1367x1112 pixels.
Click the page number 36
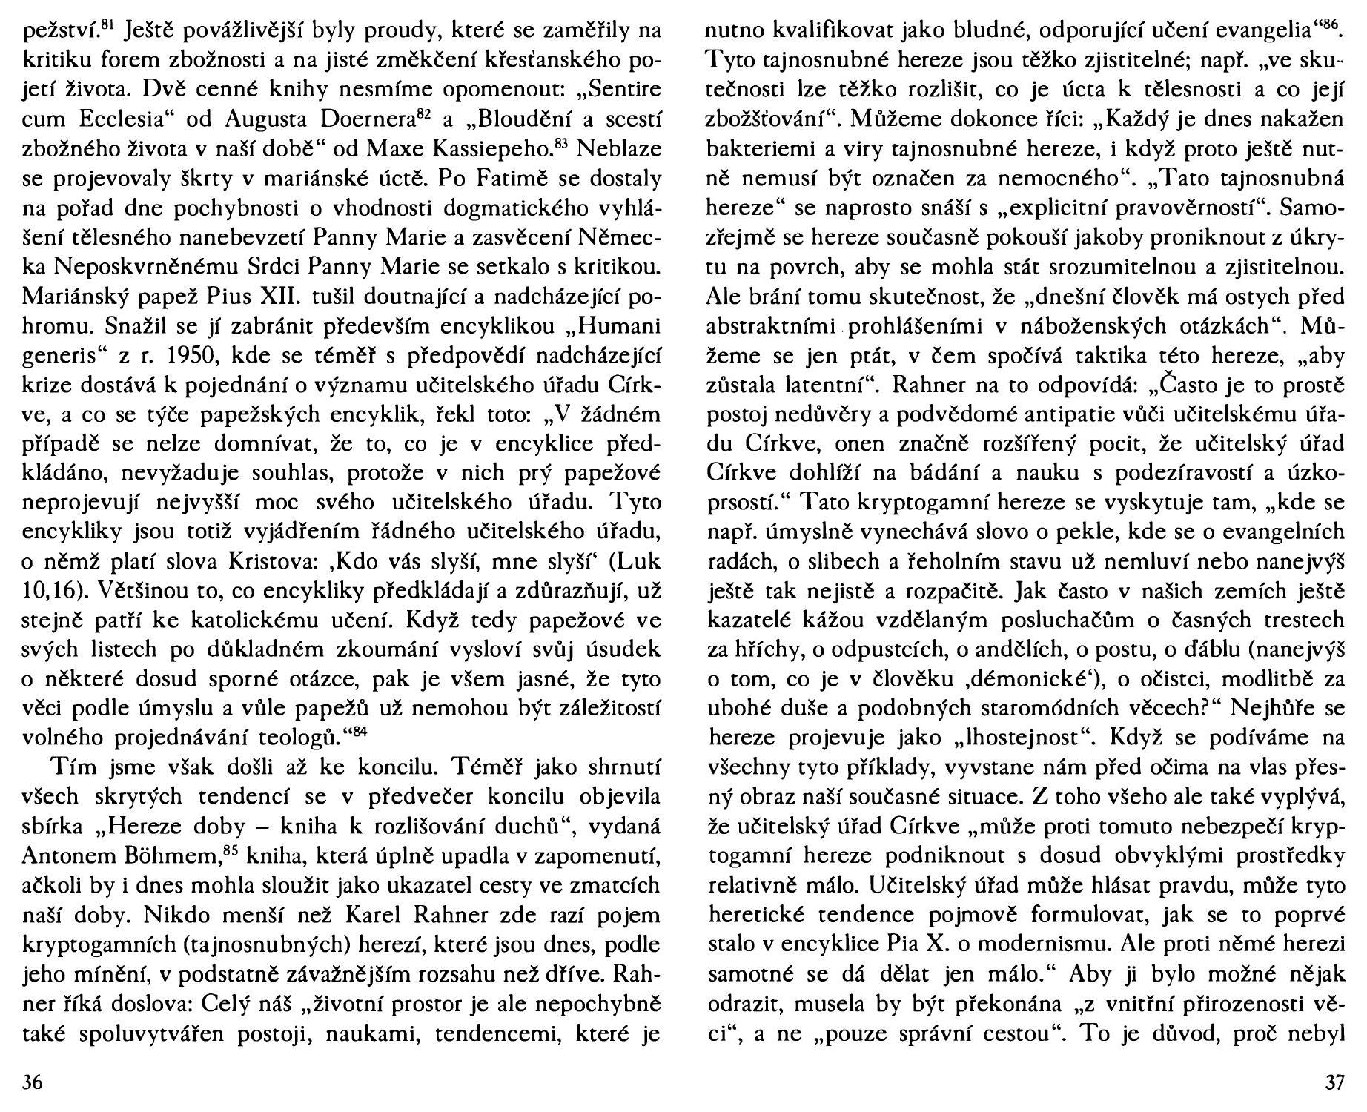32,1083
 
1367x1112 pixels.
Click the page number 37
1334,1083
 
